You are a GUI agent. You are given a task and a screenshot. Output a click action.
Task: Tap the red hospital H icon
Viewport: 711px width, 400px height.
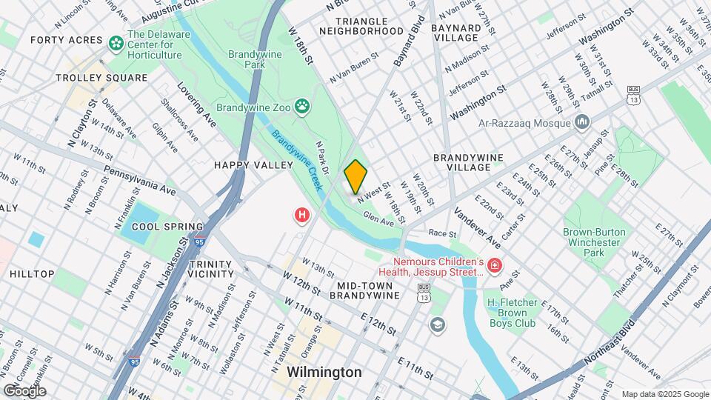click(x=301, y=216)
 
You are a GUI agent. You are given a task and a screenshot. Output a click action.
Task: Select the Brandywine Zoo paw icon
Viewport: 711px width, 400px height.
click(x=302, y=107)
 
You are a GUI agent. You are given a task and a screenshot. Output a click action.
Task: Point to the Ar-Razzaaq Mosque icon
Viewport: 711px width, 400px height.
click(x=582, y=120)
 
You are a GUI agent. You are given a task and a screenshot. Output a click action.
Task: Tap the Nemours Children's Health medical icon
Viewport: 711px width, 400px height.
click(x=494, y=265)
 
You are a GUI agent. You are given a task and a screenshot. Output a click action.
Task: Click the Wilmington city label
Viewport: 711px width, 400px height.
click(x=324, y=372)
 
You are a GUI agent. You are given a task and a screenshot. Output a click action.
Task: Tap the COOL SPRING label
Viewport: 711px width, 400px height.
click(x=167, y=227)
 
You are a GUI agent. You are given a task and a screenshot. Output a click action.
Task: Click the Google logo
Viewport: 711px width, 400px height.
click(x=24, y=390)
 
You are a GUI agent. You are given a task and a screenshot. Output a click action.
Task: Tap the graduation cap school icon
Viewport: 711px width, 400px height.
click(x=438, y=324)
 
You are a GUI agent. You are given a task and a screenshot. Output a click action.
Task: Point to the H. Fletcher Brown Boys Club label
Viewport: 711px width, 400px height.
click(x=521, y=308)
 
